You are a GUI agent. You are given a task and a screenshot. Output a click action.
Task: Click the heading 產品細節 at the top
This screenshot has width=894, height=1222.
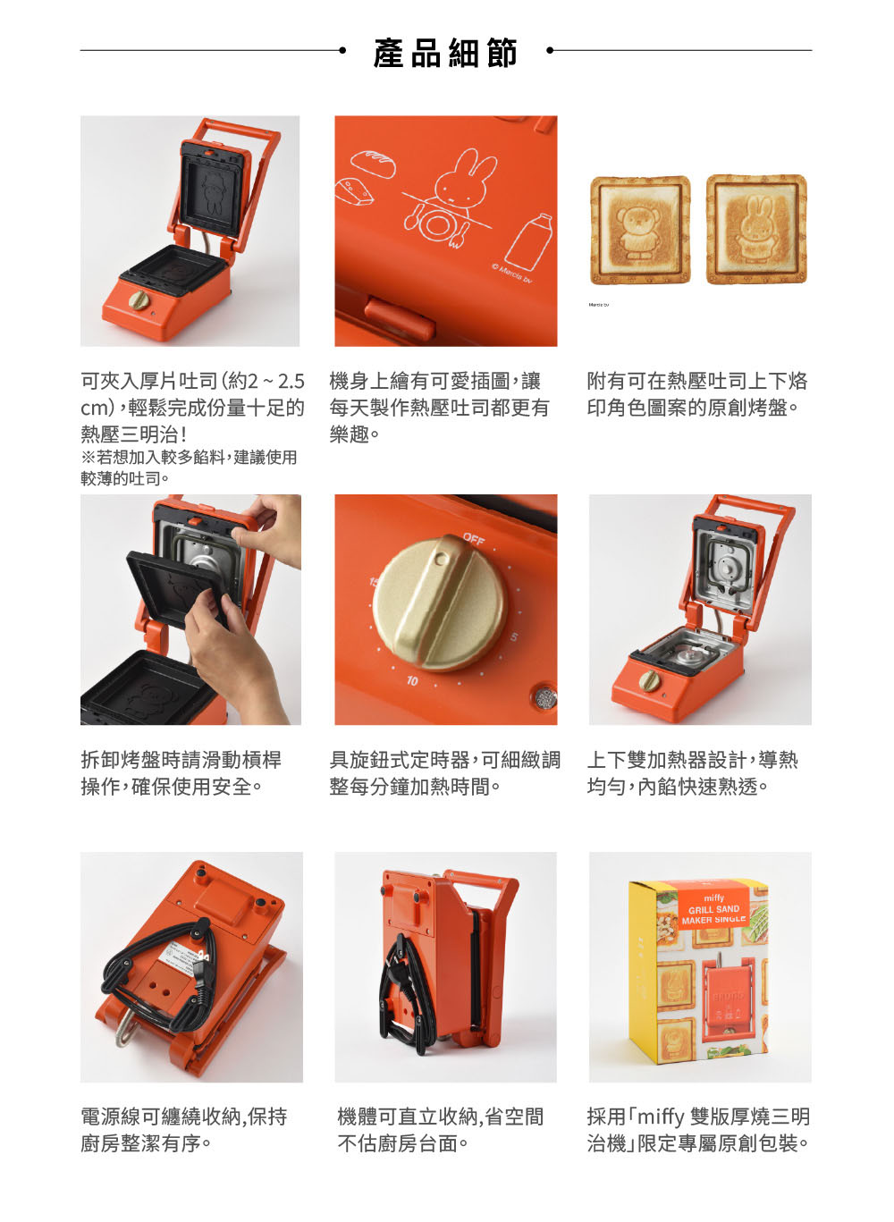pos(445,53)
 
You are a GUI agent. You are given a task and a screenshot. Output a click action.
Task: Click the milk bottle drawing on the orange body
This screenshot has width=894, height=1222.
pos(528,241)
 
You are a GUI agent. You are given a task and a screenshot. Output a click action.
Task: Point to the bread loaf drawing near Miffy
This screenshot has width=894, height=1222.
pos(373,163)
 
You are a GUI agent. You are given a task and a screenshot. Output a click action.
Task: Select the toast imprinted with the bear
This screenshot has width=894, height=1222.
pos(639,230)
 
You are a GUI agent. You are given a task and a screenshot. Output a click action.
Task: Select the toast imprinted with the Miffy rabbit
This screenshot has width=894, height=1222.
pos(756,229)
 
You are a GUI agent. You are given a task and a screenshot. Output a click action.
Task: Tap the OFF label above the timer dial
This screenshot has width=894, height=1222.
pos(474,539)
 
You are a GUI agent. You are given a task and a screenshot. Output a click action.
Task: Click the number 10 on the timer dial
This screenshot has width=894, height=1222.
pos(412,681)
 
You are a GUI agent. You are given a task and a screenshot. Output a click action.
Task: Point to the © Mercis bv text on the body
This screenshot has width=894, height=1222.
pos(511,273)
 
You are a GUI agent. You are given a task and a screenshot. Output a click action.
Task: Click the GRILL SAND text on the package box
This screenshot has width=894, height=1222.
pos(713,909)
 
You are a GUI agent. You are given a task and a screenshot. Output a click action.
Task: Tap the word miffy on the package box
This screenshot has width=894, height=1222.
pos(714,898)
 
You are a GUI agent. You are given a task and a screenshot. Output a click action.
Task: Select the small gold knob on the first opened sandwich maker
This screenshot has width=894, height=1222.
pos(138,300)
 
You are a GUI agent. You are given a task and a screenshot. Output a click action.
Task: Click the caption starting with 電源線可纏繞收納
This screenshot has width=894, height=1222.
pos(184,1130)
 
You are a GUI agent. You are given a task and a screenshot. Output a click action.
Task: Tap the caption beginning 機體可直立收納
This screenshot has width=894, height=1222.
pos(441,1130)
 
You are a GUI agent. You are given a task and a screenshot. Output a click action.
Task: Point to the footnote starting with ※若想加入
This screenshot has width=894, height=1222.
pos(189,468)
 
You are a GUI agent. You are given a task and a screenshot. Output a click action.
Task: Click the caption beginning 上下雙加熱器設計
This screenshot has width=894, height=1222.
pos(693,773)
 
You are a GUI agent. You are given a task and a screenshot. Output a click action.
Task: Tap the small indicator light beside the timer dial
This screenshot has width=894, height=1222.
pos(544,698)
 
